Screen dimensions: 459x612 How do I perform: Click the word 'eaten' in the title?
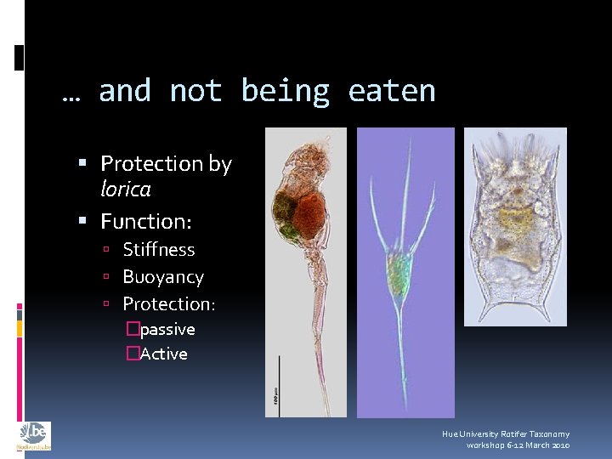[x=391, y=91]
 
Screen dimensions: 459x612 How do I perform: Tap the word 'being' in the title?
[x=285, y=91]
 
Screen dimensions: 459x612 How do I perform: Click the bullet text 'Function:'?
[x=146, y=222]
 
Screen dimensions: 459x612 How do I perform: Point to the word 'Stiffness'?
[x=159, y=250]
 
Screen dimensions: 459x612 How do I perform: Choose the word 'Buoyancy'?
[x=163, y=277]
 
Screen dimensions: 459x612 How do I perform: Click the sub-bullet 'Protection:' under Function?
[x=169, y=303]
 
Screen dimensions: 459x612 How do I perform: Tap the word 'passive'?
[x=167, y=329]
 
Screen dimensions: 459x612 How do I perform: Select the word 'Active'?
[x=164, y=354]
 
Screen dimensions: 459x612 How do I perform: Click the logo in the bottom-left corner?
[x=33, y=436]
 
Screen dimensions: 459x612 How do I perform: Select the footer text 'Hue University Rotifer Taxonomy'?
[x=506, y=433]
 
